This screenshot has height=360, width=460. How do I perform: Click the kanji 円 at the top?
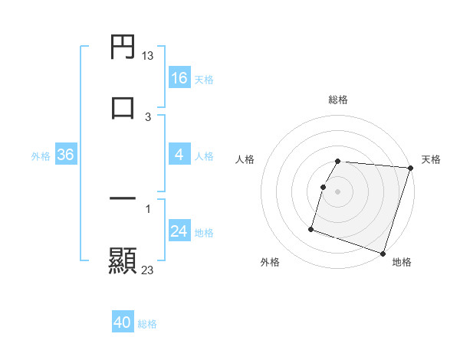point(123,48)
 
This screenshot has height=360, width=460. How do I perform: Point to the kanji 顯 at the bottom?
point(123,260)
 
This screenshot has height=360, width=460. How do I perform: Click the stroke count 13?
point(148,56)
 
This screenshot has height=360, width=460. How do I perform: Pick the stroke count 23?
point(148,270)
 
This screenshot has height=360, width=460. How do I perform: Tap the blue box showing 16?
point(179,77)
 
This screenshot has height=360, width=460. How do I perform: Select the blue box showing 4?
point(179,155)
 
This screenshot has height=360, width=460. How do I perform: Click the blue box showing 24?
point(179,231)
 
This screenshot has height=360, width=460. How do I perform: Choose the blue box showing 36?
point(65,155)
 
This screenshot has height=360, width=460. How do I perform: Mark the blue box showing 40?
point(123,322)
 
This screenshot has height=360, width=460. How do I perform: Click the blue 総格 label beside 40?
point(147,324)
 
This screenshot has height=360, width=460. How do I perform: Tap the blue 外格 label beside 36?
point(41,156)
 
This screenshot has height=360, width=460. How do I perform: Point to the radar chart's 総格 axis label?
point(338,100)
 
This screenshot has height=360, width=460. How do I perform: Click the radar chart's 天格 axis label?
point(431,159)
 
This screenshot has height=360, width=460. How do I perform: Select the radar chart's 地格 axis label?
point(402,263)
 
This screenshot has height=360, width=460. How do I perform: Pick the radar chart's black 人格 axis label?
point(245,159)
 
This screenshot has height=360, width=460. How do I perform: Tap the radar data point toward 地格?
point(383,253)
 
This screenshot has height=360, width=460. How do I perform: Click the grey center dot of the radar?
point(338,191)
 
